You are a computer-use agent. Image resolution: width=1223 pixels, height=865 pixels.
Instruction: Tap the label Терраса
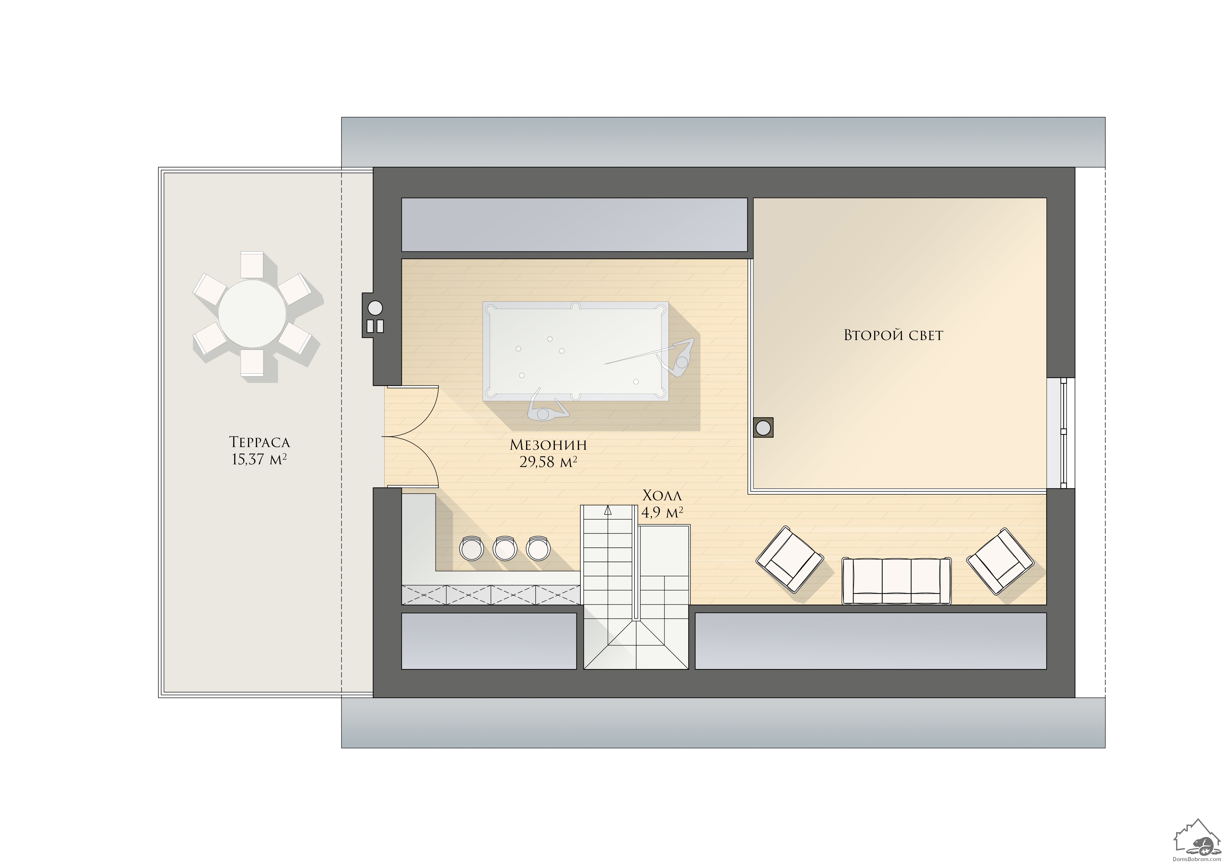(x=259, y=442)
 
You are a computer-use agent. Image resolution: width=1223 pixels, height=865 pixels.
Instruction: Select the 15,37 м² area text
(x=259, y=459)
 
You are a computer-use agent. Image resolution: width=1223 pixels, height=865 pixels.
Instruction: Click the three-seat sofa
(x=896, y=581)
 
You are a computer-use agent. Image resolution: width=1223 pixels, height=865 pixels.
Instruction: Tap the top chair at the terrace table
(x=252, y=265)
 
